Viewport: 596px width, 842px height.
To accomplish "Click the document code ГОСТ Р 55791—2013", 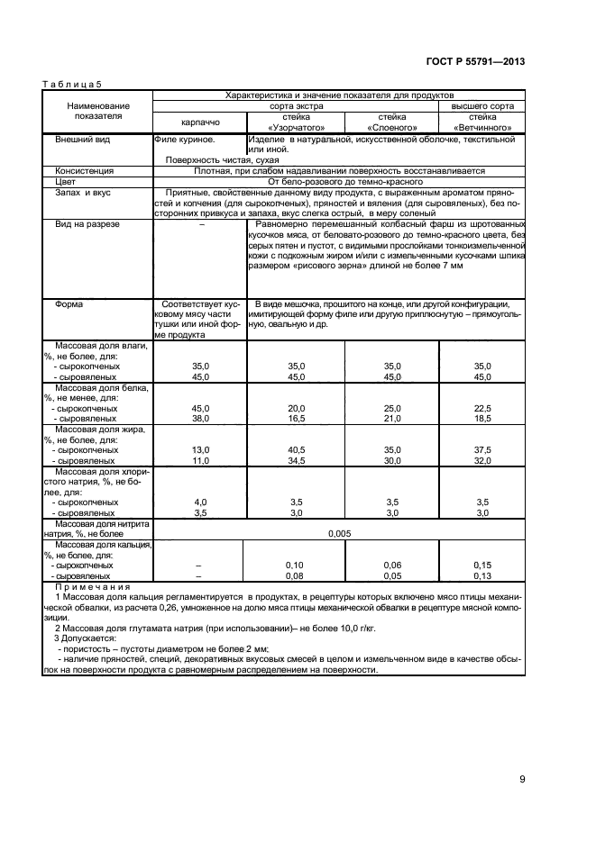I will click(x=476, y=61).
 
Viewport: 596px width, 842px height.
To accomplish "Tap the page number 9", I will click(x=522, y=780).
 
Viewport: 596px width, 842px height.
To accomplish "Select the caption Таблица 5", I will click(x=71, y=84).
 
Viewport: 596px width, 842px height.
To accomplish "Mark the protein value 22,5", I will click(x=482, y=408).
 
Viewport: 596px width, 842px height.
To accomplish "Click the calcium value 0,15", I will click(x=482, y=565).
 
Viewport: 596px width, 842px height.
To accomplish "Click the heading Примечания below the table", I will click(x=87, y=586).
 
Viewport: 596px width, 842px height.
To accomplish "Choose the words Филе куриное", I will click(x=185, y=140).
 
